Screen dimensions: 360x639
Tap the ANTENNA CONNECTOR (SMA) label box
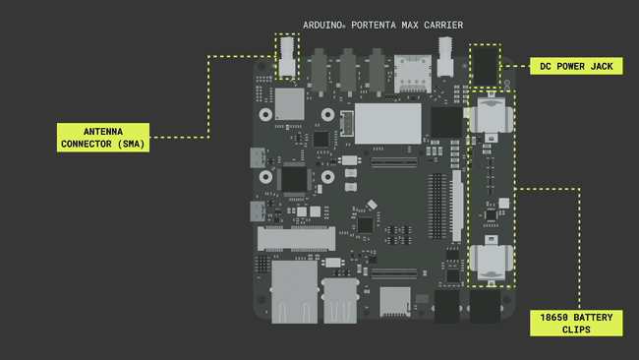pos(102,137)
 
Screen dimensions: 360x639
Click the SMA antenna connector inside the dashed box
pos(287,57)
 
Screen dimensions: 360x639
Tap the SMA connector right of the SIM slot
pos(445,59)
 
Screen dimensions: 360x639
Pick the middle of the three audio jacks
pos(347,68)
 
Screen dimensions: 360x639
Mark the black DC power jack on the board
pos(486,66)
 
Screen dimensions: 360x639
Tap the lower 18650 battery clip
pos(489,261)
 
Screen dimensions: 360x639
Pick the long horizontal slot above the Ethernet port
pos(296,237)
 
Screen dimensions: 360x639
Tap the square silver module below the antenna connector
pos(288,103)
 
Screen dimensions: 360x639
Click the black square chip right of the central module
pos(445,122)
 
